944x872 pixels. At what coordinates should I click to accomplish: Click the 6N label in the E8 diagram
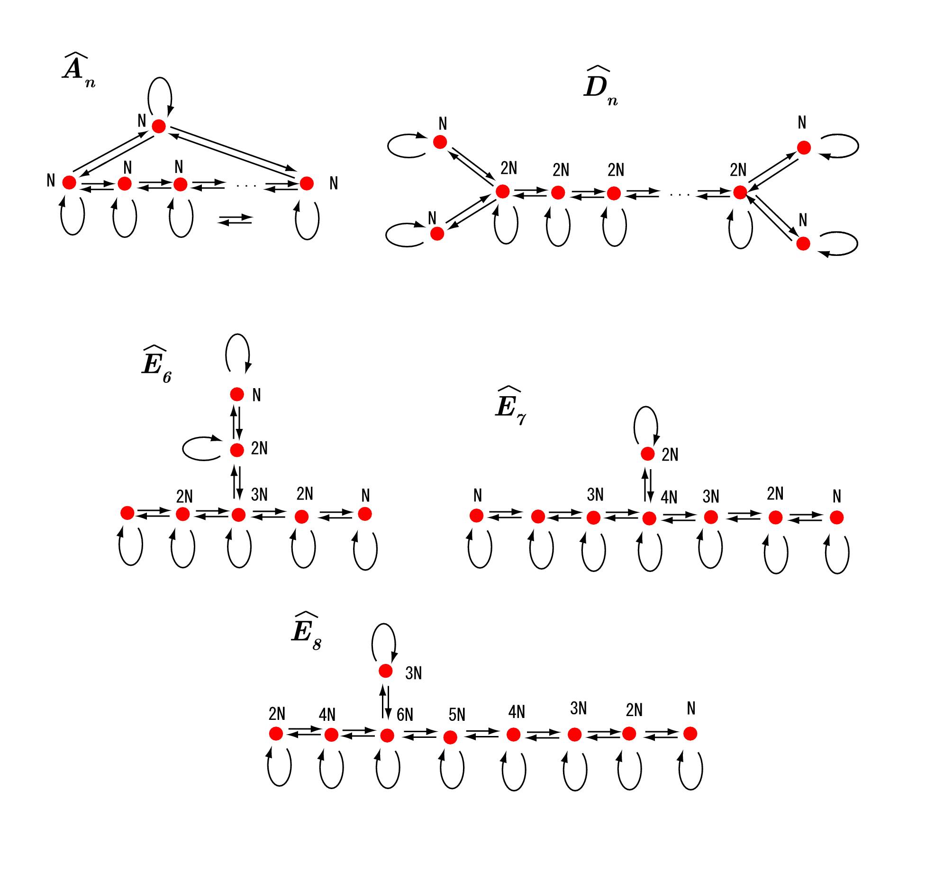coord(405,715)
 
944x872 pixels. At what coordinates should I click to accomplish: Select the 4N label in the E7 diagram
coord(669,497)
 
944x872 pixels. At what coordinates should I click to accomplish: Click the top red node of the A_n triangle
coord(159,126)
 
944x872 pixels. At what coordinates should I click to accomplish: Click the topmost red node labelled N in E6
coord(236,394)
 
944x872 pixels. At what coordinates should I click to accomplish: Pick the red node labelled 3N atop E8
coord(386,671)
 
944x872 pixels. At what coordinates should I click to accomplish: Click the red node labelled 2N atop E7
coord(647,454)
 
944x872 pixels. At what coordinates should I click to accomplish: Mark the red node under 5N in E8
coord(450,737)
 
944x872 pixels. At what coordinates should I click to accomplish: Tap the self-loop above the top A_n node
coord(160,95)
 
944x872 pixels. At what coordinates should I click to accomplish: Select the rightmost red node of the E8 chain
coord(690,734)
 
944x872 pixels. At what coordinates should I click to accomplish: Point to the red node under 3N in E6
coord(238,515)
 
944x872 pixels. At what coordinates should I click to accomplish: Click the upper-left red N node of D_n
coord(440,142)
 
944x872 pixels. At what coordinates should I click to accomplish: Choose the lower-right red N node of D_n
coord(803,244)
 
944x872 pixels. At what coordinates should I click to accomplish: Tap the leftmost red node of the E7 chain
coord(476,516)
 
